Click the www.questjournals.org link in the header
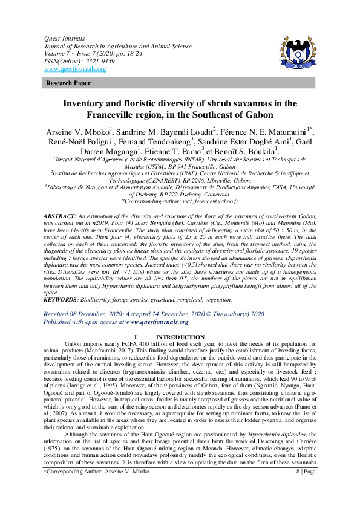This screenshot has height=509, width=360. pyautogui.click(x=75, y=69)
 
